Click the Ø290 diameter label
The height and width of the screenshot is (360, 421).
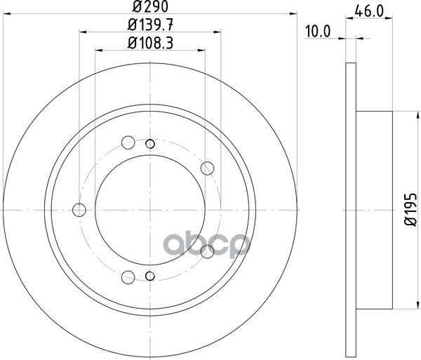(x=150, y=6)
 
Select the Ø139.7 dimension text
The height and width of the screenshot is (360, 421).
(x=150, y=25)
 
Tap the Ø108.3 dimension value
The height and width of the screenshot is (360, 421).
(x=150, y=43)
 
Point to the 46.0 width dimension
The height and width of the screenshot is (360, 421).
(x=369, y=11)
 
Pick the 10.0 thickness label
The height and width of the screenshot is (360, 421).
(x=318, y=32)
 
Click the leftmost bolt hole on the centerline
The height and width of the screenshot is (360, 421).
(x=79, y=210)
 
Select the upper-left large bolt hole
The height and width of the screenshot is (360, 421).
(x=128, y=142)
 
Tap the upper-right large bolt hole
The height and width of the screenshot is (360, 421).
(x=207, y=168)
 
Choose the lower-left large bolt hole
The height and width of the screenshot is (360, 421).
(x=128, y=277)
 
